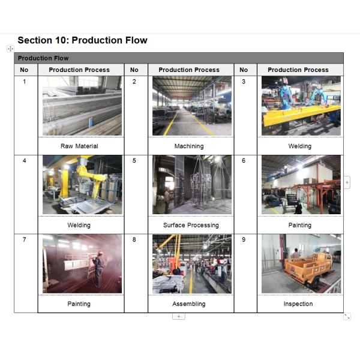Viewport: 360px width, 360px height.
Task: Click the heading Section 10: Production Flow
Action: (x=82, y=40)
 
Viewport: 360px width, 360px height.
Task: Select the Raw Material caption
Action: (x=79, y=146)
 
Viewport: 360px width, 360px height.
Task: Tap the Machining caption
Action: (x=189, y=146)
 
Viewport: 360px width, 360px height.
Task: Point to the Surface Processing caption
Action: (x=191, y=225)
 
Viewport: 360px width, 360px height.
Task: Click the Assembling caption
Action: (x=189, y=304)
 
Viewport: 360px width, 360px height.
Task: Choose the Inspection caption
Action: (x=298, y=304)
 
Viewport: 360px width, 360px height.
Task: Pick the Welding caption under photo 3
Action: (x=299, y=146)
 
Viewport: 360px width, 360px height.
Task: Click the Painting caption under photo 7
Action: (x=79, y=304)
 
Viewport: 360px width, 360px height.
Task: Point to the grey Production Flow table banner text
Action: (x=43, y=58)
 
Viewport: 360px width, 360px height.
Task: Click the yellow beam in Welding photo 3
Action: (x=298, y=114)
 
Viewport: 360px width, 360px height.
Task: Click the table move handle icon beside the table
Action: (x=10, y=49)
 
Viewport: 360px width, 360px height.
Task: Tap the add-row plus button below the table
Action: (x=179, y=316)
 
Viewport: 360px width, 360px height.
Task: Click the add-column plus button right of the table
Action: (x=347, y=182)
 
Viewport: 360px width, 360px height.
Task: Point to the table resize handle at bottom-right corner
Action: (x=347, y=316)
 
